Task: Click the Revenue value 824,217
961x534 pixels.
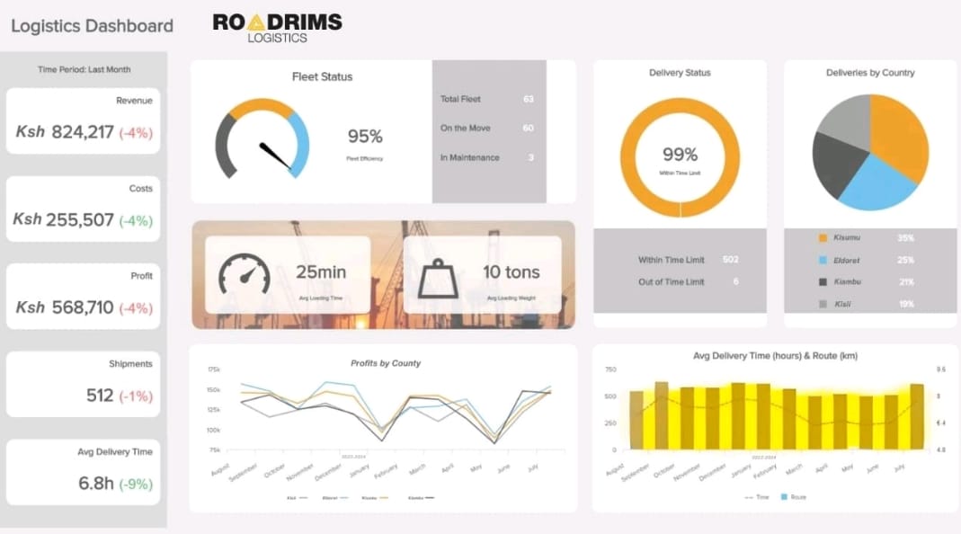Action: point(83,132)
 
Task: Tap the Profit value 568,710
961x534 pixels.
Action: point(83,307)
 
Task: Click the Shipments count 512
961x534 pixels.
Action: point(100,396)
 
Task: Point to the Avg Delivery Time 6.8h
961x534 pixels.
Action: point(96,483)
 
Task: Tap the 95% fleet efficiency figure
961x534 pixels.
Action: point(365,137)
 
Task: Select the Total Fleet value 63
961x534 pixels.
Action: point(528,99)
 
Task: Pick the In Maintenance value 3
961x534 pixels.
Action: point(530,157)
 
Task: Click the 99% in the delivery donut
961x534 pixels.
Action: point(680,155)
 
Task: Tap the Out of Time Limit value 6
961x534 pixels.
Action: point(735,282)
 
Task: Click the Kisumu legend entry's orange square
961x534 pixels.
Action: point(822,238)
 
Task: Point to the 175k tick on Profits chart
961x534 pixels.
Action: point(213,369)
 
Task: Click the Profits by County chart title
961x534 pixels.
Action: point(385,363)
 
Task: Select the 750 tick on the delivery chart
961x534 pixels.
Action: point(610,369)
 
